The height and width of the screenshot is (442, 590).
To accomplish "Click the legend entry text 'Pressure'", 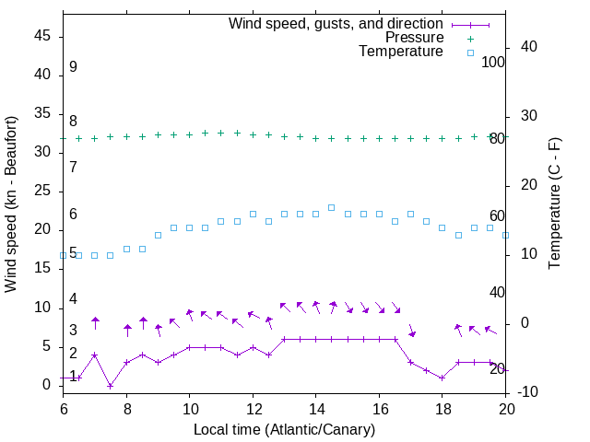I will point(414,38).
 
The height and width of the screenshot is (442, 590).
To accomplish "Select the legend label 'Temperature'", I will point(401,52).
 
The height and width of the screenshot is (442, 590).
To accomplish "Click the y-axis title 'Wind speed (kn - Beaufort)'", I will point(11,204).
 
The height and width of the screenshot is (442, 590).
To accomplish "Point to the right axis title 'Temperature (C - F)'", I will point(554,204).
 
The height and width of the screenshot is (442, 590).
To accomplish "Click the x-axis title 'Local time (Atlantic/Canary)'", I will point(284,430).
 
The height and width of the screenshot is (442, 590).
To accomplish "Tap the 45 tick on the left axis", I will point(42,37).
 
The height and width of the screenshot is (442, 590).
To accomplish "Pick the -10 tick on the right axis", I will point(529,393).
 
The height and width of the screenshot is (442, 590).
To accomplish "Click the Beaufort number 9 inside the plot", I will point(73,67).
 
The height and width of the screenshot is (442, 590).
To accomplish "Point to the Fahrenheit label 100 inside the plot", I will point(493,62).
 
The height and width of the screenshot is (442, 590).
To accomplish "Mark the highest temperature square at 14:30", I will point(332,208).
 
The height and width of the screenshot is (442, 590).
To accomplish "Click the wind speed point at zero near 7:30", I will point(111,386).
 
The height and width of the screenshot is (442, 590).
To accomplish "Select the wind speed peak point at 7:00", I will point(95,355).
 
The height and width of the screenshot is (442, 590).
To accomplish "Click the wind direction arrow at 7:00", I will point(95,322).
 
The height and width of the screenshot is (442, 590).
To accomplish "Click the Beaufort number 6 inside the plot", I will point(73,214).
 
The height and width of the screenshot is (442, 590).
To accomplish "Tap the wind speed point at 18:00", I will point(442,378).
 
